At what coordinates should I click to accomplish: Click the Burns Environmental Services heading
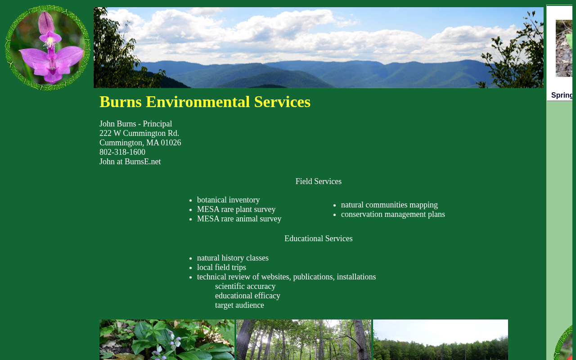click(205, 102)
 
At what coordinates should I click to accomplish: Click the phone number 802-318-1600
click(122, 152)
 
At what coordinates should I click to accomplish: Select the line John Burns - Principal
click(136, 124)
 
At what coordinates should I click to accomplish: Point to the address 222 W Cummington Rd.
click(139, 133)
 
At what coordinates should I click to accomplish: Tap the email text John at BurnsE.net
click(130, 162)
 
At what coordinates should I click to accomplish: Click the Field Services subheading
click(318, 181)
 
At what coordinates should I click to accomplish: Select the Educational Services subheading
click(318, 238)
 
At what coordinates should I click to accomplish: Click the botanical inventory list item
click(228, 200)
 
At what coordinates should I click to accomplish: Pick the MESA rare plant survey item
click(236, 210)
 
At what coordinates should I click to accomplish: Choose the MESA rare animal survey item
click(239, 219)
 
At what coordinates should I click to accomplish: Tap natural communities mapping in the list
click(389, 205)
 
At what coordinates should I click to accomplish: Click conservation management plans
click(393, 215)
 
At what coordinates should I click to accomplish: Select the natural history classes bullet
click(233, 258)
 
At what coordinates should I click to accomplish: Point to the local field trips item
click(221, 267)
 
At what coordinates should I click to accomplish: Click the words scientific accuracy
click(245, 287)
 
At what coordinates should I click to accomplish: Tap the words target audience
click(239, 305)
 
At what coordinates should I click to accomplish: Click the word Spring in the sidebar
click(562, 95)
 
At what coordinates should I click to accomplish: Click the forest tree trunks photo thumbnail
click(304, 340)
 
